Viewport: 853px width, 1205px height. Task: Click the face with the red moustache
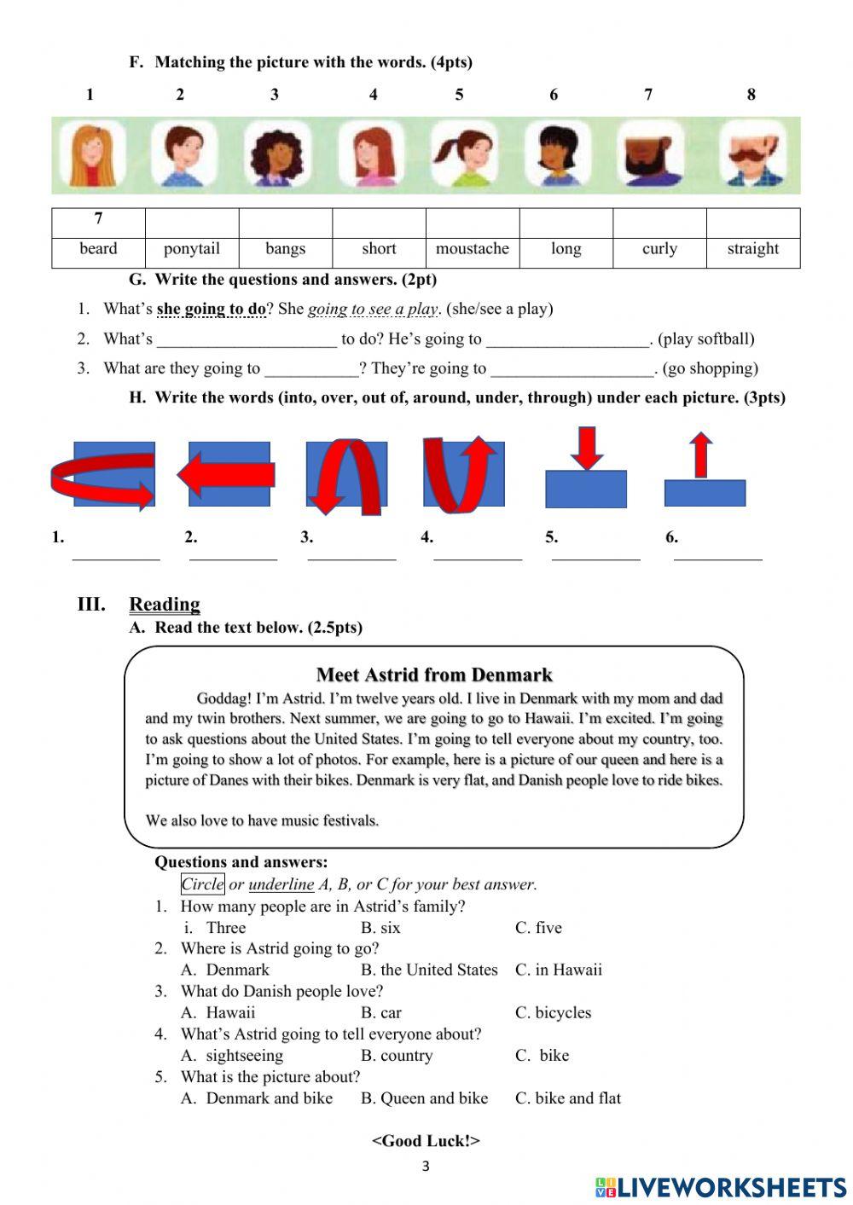click(x=751, y=154)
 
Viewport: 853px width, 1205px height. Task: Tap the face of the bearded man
click(x=650, y=154)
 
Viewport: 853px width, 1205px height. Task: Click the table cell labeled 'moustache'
click(x=472, y=249)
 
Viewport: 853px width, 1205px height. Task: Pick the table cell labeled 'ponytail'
click(x=192, y=249)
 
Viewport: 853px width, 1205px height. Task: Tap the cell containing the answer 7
click(x=98, y=220)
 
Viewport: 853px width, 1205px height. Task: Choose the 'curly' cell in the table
click(x=659, y=249)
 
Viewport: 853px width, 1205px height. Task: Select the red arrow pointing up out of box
click(x=700, y=455)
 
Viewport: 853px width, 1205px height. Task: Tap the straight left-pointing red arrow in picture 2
click(x=226, y=475)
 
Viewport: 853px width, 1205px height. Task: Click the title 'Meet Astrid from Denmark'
click(x=434, y=675)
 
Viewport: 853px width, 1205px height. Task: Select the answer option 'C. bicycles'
click(x=553, y=1012)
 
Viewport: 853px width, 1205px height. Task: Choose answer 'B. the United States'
click(x=428, y=970)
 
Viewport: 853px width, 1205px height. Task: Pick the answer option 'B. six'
click(x=380, y=927)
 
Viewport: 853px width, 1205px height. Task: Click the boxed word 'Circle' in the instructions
click(x=202, y=884)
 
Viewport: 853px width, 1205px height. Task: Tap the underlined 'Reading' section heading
click(x=165, y=605)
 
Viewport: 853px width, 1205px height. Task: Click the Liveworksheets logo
click(x=721, y=1187)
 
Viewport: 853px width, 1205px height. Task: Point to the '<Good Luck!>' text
click(x=426, y=1140)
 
